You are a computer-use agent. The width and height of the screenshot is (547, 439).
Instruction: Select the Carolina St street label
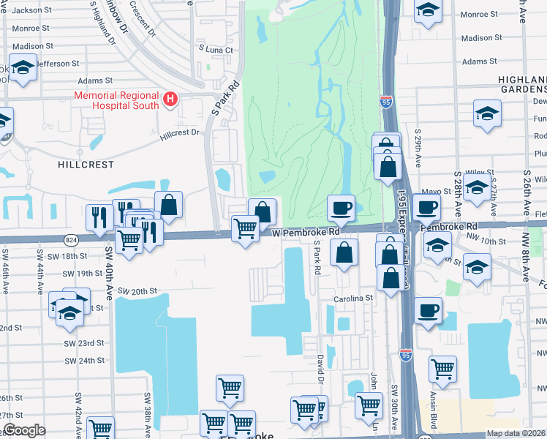354,298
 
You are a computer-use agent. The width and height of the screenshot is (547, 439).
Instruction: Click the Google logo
24,430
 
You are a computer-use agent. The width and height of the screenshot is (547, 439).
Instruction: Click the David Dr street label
320,369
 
